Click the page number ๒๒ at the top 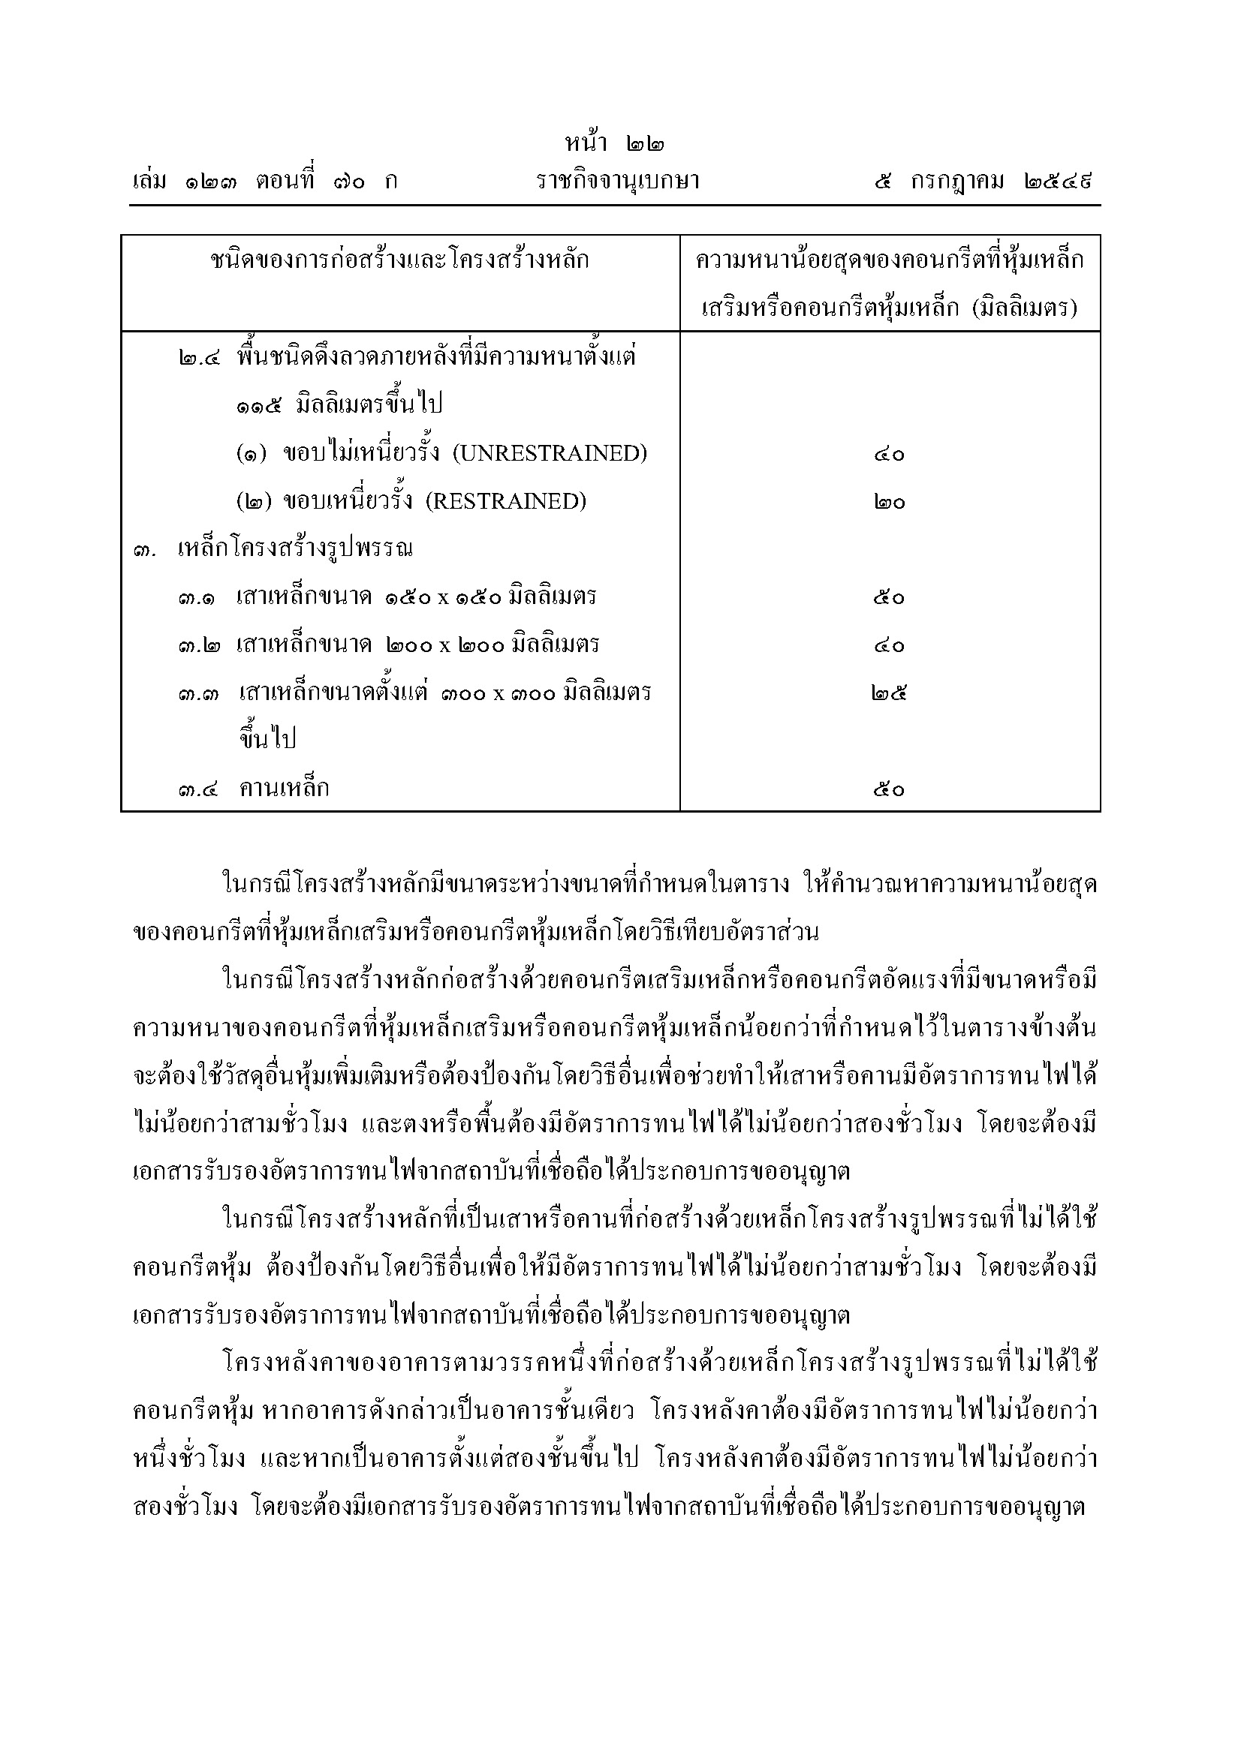pos(645,143)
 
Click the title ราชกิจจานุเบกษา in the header pos(619,182)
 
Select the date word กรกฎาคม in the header pos(957,182)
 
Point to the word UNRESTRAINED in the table pos(550,453)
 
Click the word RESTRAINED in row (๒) pos(505,501)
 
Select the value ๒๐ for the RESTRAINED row pos(889,502)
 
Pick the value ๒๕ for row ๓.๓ pos(889,693)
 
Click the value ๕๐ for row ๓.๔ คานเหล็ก pos(889,789)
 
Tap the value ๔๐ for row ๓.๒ pos(889,646)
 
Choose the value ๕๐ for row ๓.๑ pos(889,598)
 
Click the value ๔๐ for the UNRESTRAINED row pos(889,455)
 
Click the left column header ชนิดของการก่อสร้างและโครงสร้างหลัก pos(400,260)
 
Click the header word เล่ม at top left pos(150,182)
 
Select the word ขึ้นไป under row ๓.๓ pos(267,738)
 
